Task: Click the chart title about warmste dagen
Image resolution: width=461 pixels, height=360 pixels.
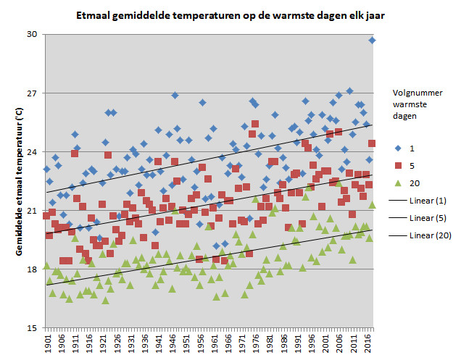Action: point(230,15)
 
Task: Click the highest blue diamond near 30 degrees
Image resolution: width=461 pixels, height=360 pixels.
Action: point(373,41)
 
